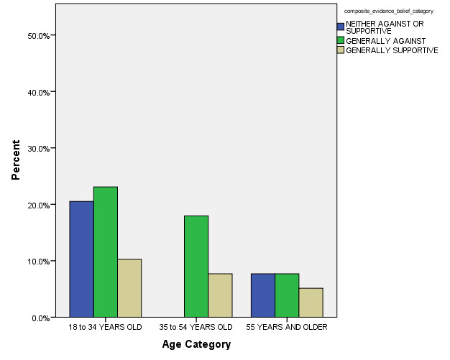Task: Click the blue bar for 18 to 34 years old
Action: (x=81, y=259)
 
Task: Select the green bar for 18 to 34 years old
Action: (x=106, y=252)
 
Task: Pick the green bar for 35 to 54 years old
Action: (x=196, y=267)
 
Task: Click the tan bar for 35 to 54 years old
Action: (x=220, y=295)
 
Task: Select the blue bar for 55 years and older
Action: (x=262, y=295)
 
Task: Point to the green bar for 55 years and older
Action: (x=287, y=295)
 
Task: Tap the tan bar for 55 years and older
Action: (x=311, y=303)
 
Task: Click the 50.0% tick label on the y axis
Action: (x=37, y=36)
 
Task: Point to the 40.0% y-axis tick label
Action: (x=37, y=92)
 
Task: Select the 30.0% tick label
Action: (x=37, y=149)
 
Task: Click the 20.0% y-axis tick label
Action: (x=37, y=205)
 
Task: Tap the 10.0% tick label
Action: (x=37, y=262)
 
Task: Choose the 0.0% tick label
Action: (x=39, y=318)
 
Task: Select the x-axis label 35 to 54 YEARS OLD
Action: (x=196, y=328)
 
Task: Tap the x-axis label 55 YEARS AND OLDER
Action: (x=287, y=328)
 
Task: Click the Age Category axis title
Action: (x=196, y=345)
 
